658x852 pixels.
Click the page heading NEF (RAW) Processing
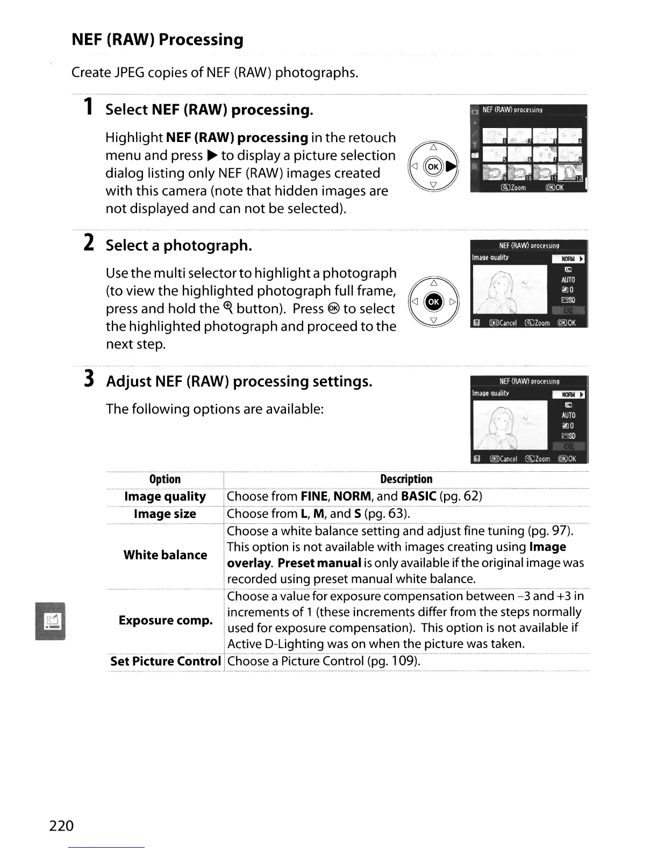tap(158, 40)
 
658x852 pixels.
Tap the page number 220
tap(61, 825)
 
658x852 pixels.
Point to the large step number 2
tap(90, 243)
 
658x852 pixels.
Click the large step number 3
tap(90, 379)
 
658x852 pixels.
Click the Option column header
tap(164, 479)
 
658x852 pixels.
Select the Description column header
tap(406, 479)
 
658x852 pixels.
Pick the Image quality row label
tap(164, 496)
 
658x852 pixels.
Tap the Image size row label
tap(164, 514)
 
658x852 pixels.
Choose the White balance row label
tap(165, 555)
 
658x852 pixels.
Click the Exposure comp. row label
tap(166, 620)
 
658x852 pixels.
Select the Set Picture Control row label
tap(165, 661)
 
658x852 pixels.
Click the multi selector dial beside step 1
tap(434, 166)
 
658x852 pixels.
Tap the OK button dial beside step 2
tap(434, 302)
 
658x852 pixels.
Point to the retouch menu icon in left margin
tap(51, 621)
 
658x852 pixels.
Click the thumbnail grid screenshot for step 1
tap(528, 148)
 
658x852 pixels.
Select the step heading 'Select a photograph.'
tap(178, 246)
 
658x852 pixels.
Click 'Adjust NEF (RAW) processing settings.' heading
tap(239, 382)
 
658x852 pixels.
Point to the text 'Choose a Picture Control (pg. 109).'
tap(323, 661)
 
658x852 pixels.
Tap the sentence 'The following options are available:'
tap(214, 409)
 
